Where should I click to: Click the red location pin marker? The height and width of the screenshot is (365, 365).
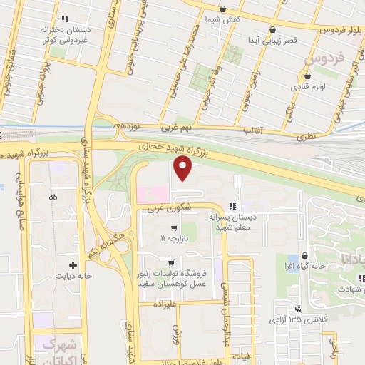click(x=183, y=168)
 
